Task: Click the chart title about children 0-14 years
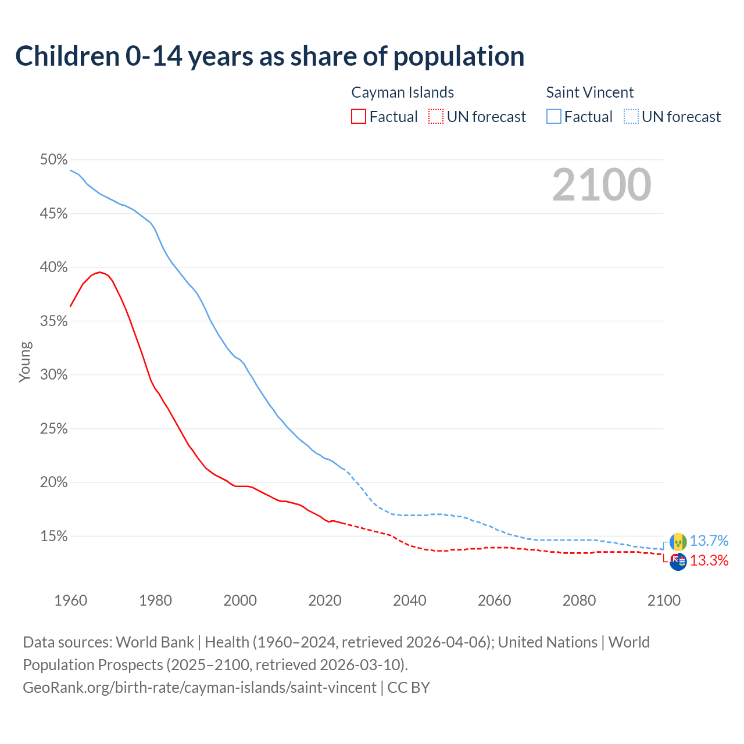pos(270,56)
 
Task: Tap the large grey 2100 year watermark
pos(602,185)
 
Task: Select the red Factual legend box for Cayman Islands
pos(359,116)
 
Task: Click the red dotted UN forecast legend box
pos(436,116)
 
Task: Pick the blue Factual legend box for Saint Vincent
pos(553,116)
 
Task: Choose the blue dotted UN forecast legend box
pos(631,116)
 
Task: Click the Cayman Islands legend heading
pos(402,92)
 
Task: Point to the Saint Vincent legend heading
pos(589,92)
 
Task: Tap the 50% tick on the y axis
pos(53,160)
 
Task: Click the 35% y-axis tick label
pos(53,321)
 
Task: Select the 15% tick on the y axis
pos(53,536)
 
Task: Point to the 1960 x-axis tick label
pos(71,600)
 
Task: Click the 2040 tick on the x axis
pos(410,600)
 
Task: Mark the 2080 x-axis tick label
pos(579,600)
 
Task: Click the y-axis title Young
pos(25,362)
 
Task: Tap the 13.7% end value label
pos(709,541)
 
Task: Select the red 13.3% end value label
pos(709,561)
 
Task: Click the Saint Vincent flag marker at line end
pos(678,542)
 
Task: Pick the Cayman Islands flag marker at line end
pos(678,562)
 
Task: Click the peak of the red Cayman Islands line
pos(99,272)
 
